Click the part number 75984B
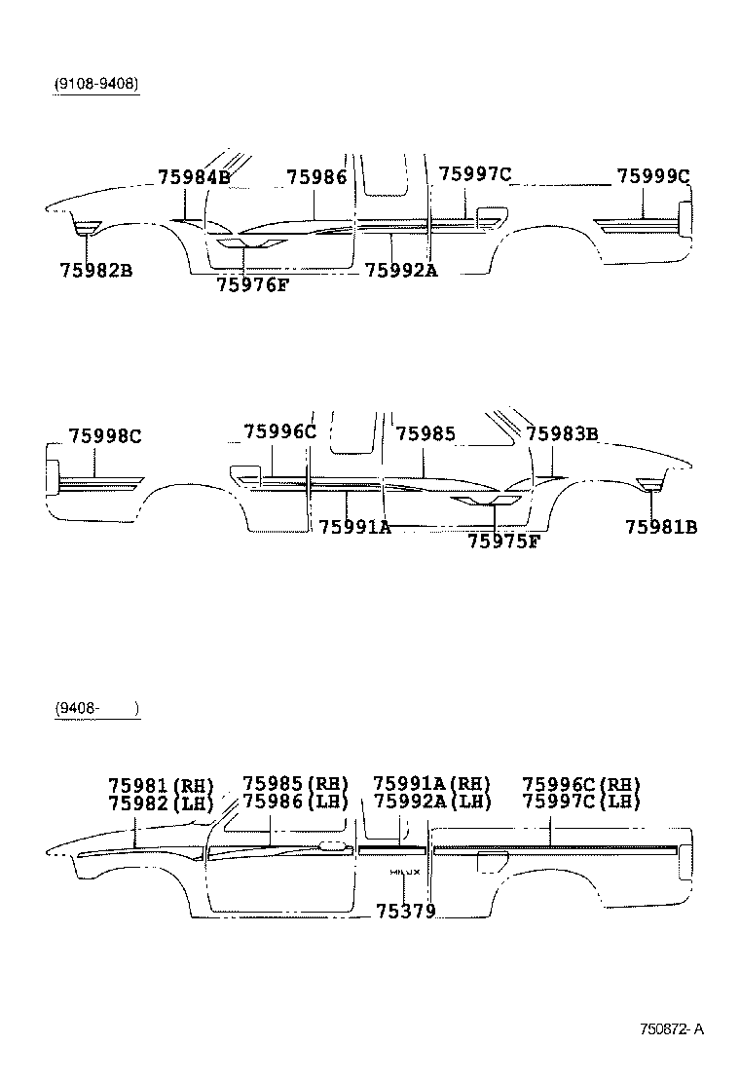click(194, 176)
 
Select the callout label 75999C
click(652, 176)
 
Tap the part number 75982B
click(95, 270)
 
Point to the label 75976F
click(252, 284)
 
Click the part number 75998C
click(104, 435)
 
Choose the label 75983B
click(562, 433)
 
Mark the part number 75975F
click(502, 541)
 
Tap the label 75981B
click(661, 527)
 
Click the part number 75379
click(405, 912)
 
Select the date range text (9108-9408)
click(96, 84)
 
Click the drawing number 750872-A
click(672, 1028)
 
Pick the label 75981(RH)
click(160, 784)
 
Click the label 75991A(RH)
click(431, 784)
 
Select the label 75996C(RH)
click(581, 784)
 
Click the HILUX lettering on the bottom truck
click(404, 872)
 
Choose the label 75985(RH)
click(294, 784)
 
